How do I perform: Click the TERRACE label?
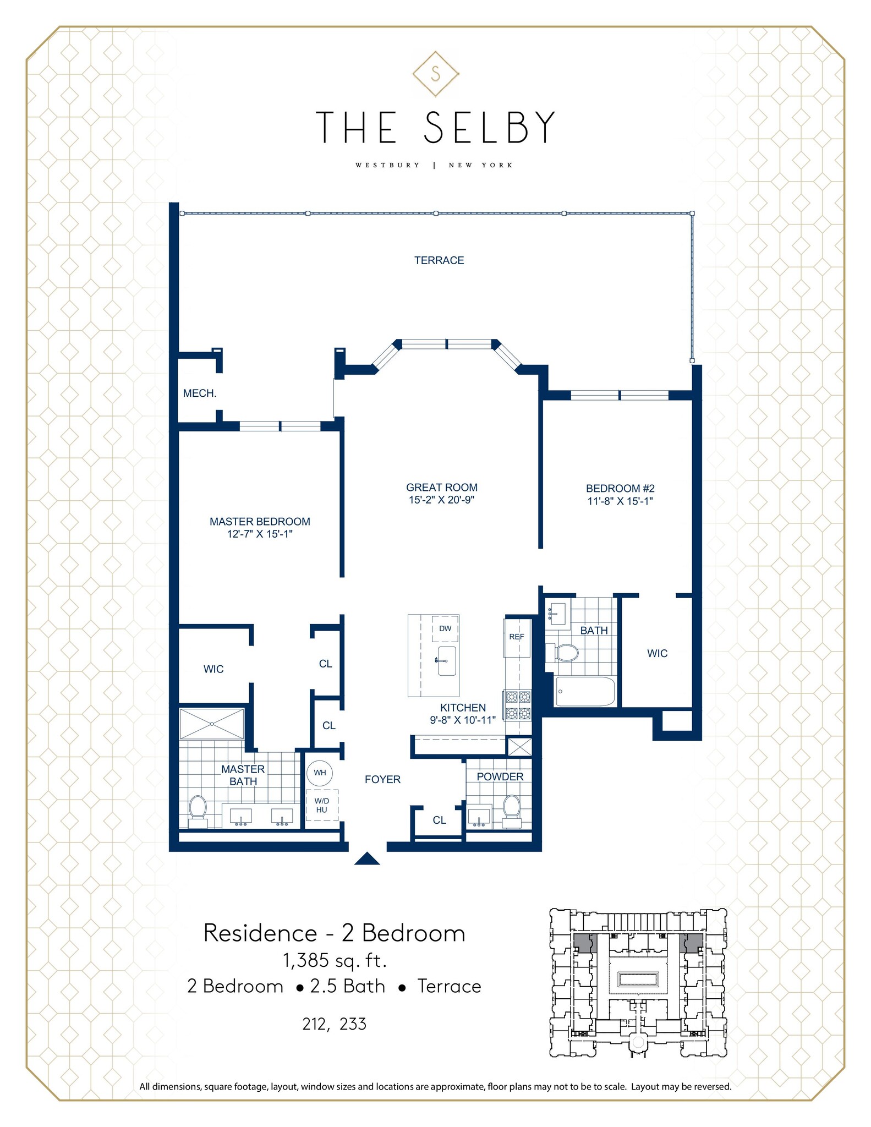coord(439,260)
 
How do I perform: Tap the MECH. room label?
coord(200,393)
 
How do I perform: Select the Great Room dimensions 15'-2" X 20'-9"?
coord(441,500)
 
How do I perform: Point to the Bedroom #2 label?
coord(620,488)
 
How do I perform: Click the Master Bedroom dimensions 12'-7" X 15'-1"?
coord(260,534)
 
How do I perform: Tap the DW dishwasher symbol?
coord(445,629)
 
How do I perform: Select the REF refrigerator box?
coord(517,637)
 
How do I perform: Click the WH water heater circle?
coord(320,773)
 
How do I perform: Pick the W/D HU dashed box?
coord(322,806)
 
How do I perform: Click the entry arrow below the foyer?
coord(367,859)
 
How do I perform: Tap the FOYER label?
coord(382,779)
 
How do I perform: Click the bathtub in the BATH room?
coord(585,691)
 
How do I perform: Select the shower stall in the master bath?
coord(212,724)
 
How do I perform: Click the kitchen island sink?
coord(446,661)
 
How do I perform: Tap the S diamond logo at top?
coord(436,74)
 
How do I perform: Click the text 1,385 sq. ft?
coord(335,960)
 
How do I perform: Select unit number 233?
coord(353,1024)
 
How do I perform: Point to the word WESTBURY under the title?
coord(387,165)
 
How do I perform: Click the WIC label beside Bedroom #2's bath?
coord(657,653)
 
